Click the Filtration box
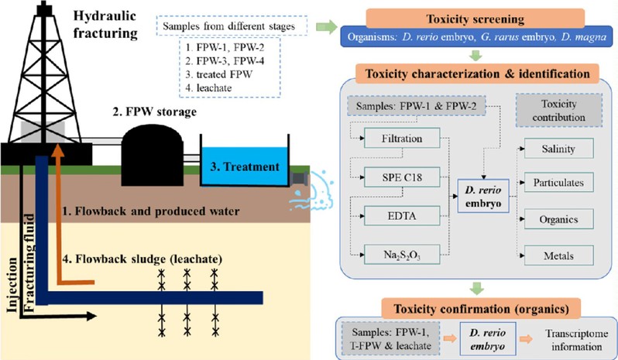click(x=402, y=139)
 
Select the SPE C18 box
click(x=402, y=177)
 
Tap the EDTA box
click(x=402, y=216)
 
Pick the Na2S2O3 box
click(x=402, y=255)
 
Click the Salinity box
click(x=558, y=149)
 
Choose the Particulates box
click(x=558, y=183)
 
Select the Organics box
click(x=558, y=219)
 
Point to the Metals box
click(x=558, y=255)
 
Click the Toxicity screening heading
click(x=476, y=19)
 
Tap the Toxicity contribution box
click(x=559, y=110)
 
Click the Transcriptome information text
click(x=577, y=340)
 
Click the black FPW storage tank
click(x=152, y=155)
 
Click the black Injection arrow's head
click(x=91, y=316)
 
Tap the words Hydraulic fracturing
click(x=105, y=25)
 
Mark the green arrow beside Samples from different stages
click(x=326, y=27)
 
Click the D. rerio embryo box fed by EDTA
click(x=483, y=196)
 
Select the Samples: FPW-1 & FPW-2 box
click(x=416, y=106)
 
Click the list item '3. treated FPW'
click(x=219, y=74)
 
